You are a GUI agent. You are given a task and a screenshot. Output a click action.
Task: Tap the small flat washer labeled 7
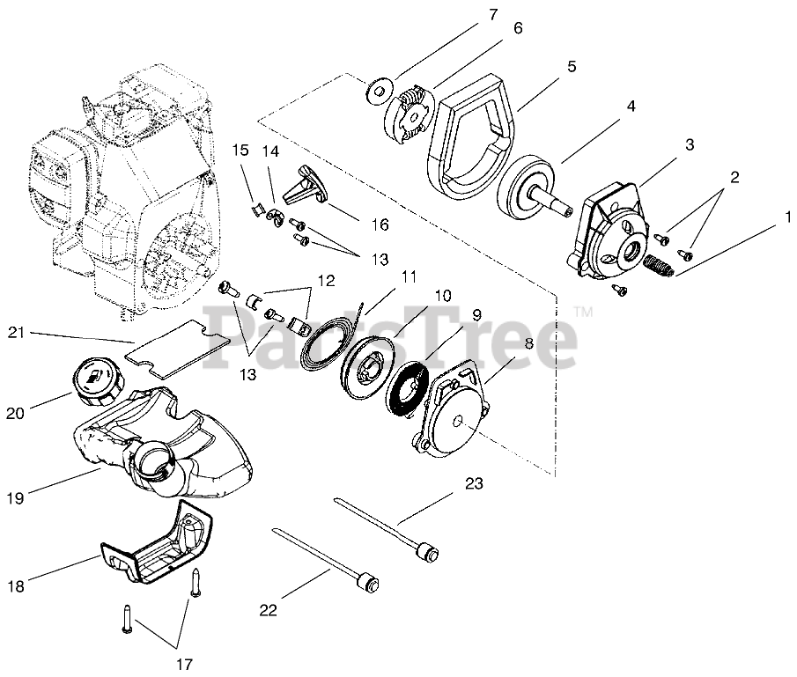[379, 89]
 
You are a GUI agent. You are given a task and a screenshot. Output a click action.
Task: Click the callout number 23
[475, 483]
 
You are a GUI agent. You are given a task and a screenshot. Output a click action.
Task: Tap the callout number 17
[184, 663]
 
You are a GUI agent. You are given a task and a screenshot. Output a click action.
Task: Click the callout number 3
[690, 143]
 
